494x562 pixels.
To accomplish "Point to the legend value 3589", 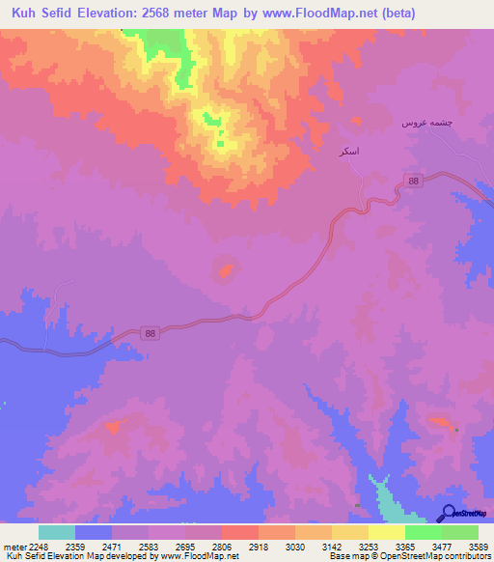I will (480, 546).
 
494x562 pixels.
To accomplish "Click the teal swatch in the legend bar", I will (57, 532).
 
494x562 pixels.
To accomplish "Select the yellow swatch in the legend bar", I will (349, 532).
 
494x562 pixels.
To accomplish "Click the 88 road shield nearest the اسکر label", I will (414, 182).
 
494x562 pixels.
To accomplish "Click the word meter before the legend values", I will (13, 546).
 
